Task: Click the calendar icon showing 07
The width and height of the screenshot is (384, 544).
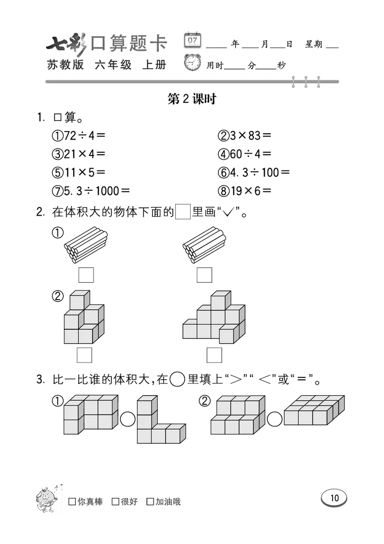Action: pyautogui.click(x=192, y=41)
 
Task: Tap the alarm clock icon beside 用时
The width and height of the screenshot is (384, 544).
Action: pyautogui.click(x=193, y=63)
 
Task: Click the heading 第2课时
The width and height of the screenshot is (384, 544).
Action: pyautogui.click(x=192, y=99)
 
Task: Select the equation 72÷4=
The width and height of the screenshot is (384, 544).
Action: pyautogui.click(x=79, y=136)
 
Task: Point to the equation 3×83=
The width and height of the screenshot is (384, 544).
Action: pyautogui.click(x=245, y=136)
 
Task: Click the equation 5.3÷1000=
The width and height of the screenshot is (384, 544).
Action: pyautogui.click(x=91, y=191)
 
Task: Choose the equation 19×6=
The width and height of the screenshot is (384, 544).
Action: pyautogui.click(x=245, y=191)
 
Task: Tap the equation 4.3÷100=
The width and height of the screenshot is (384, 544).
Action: pyautogui.click(x=254, y=172)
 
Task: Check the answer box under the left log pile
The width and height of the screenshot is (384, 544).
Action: pyautogui.click(x=86, y=275)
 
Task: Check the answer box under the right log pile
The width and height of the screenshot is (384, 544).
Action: pyautogui.click(x=204, y=275)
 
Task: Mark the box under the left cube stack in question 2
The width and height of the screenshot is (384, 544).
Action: pyautogui.click(x=84, y=355)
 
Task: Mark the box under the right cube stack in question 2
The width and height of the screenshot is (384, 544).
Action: pyautogui.click(x=214, y=355)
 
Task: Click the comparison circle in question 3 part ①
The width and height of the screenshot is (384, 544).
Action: pyautogui.click(x=128, y=419)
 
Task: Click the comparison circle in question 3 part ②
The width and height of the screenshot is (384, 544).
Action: pyautogui.click(x=275, y=419)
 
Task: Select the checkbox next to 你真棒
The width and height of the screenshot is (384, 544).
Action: pyautogui.click(x=72, y=502)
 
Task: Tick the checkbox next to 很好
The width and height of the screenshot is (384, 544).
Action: pyautogui.click(x=115, y=502)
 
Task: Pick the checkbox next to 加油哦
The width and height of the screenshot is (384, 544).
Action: pyautogui.click(x=150, y=502)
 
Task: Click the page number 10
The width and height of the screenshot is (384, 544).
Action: pyautogui.click(x=335, y=498)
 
